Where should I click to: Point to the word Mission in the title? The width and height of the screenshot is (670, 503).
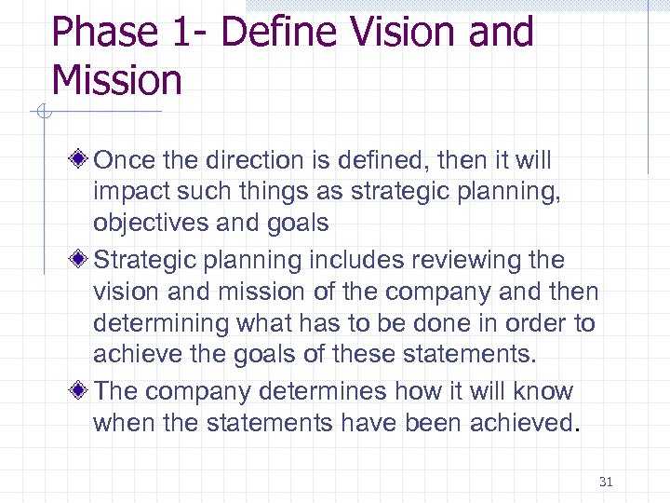(117, 80)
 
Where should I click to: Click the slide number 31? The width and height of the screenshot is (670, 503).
(607, 482)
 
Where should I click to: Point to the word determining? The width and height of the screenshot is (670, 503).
(161, 323)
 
